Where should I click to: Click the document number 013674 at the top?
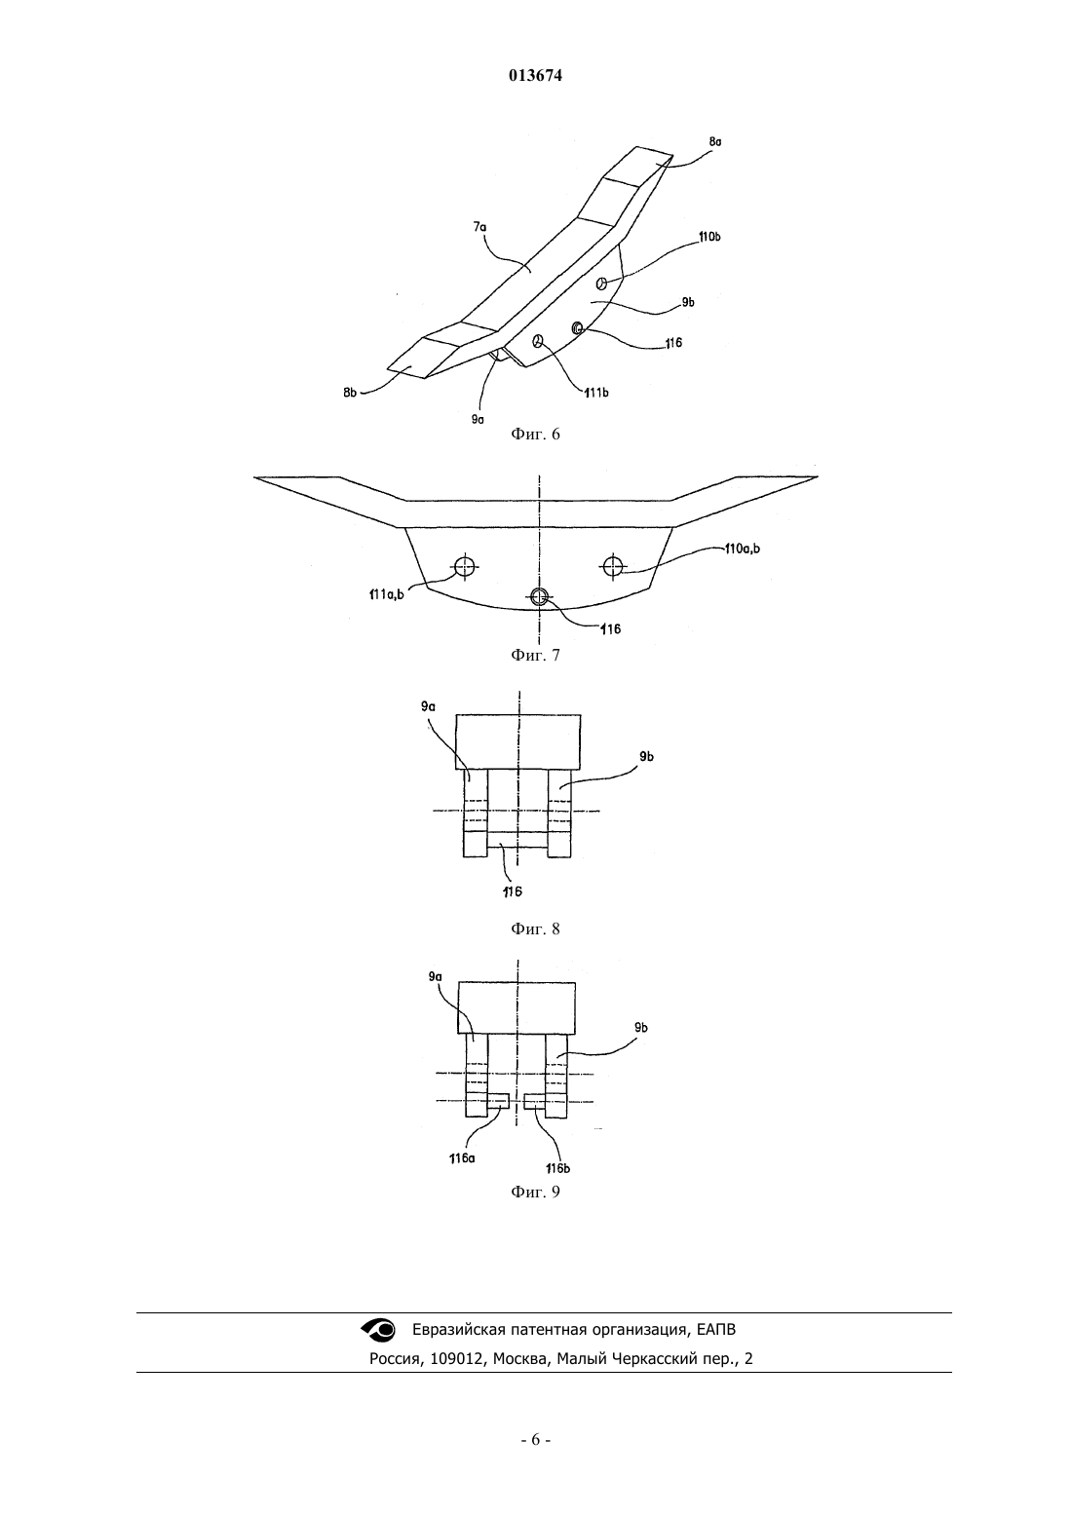535,76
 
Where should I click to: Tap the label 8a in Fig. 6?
714,142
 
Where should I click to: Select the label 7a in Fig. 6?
479,227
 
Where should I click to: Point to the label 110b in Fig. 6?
709,237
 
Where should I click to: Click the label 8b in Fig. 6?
350,393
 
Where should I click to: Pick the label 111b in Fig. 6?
596,393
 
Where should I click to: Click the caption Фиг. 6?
535,435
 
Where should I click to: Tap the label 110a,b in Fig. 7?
742,549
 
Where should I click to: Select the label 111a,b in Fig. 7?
387,595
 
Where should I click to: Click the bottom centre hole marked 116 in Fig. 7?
539,596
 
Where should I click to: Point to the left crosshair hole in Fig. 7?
465,566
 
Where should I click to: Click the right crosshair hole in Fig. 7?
613,566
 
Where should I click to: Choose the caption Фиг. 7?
535,655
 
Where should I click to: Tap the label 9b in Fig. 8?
646,757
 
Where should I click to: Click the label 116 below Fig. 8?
513,892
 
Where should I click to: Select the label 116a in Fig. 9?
462,1158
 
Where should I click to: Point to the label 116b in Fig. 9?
557,1168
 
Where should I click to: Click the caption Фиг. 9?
535,1192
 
